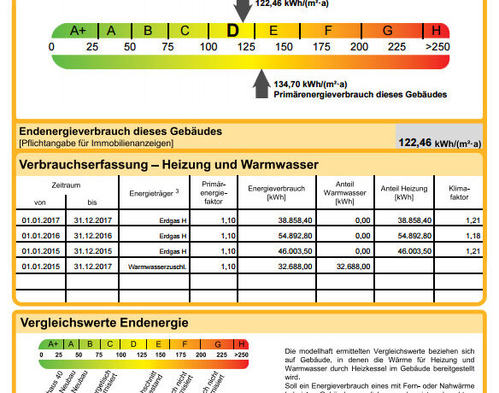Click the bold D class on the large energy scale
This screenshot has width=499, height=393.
coord(233,30)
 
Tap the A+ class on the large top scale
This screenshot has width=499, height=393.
coord(77,30)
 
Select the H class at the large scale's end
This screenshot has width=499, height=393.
coord(437,30)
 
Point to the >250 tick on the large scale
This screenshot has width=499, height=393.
coord(437,45)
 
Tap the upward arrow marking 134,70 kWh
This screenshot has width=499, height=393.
coord(261,86)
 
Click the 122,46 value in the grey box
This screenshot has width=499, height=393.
coord(415,143)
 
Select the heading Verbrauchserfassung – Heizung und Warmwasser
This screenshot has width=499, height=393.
coord(168,164)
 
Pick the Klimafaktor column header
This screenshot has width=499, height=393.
coord(453,192)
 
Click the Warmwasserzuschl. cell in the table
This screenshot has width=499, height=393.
coord(158,267)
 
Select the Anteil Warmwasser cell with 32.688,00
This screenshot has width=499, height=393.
coord(344,267)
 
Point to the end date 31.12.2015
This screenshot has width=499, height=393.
coord(93,251)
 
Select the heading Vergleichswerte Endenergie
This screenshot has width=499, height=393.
coord(104,322)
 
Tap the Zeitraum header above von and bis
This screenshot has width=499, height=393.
coord(65,185)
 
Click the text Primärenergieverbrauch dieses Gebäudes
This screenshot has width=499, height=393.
coord(361,94)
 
